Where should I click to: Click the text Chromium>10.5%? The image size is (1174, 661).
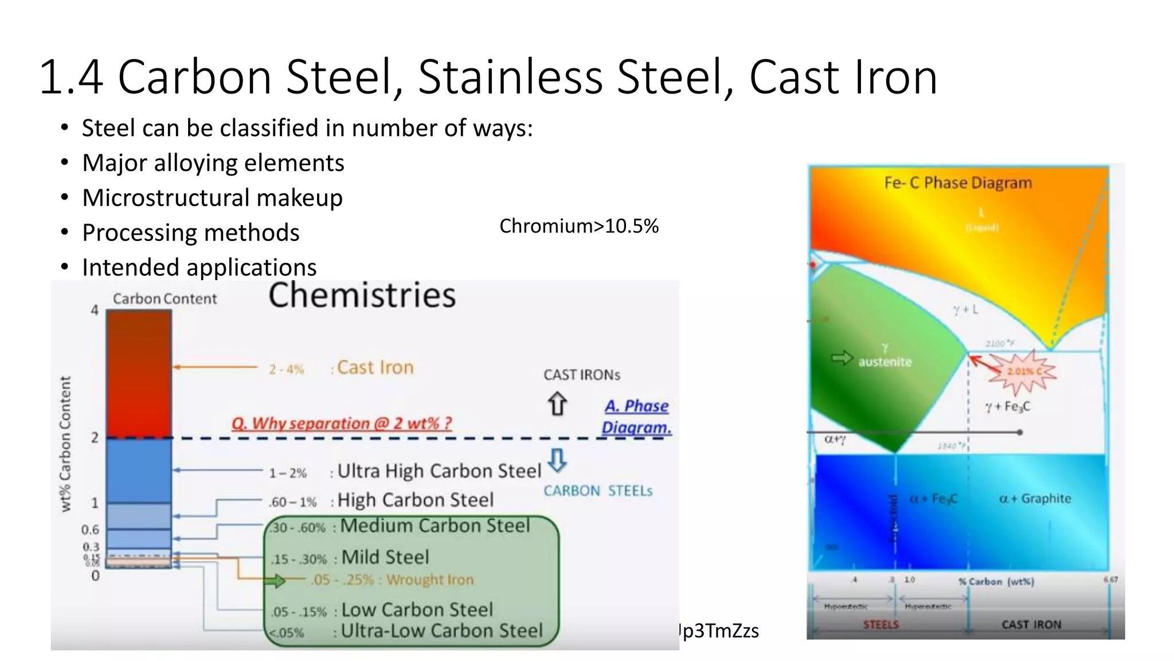click(x=579, y=226)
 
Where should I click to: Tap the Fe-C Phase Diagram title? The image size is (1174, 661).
click(x=958, y=183)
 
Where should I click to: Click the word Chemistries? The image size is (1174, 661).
click(x=362, y=295)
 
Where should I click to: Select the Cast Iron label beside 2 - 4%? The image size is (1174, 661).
click(x=375, y=367)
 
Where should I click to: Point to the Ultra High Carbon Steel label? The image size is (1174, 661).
click(x=439, y=471)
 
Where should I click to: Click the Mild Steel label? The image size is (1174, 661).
click(x=385, y=557)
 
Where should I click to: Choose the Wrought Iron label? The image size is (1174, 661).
click(x=430, y=580)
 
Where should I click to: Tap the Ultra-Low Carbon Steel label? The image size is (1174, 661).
click(x=441, y=631)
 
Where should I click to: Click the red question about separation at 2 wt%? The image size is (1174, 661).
click(x=342, y=423)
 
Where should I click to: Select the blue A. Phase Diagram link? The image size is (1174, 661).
click(x=636, y=417)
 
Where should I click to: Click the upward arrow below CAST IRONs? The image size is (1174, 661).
click(x=557, y=403)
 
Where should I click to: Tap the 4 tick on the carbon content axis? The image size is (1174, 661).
click(x=95, y=310)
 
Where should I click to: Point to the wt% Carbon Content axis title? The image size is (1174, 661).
click(x=66, y=444)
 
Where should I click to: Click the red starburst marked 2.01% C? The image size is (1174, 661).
click(x=1022, y=371)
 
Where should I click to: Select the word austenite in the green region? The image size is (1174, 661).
click(x=885, y=362)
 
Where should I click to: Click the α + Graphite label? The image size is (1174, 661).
click(x=1035, y=499)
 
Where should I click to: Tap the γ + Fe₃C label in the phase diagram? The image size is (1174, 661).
click(x=1007, y=407)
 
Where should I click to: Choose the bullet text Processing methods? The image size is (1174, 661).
click(x=191, y=233)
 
